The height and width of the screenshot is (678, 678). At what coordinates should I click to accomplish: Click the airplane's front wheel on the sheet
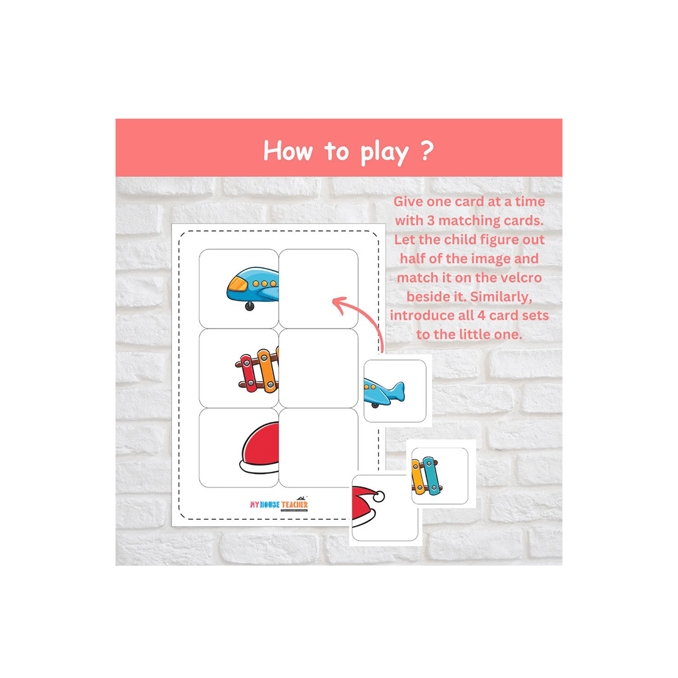250,306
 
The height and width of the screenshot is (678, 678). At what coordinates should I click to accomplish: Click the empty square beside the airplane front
318,289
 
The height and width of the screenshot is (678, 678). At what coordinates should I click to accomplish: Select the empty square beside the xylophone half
318,369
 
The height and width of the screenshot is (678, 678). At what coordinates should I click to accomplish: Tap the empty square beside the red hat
318,448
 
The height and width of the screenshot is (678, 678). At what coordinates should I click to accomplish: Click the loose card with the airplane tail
395,391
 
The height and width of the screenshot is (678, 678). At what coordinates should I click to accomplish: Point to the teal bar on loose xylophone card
431,475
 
